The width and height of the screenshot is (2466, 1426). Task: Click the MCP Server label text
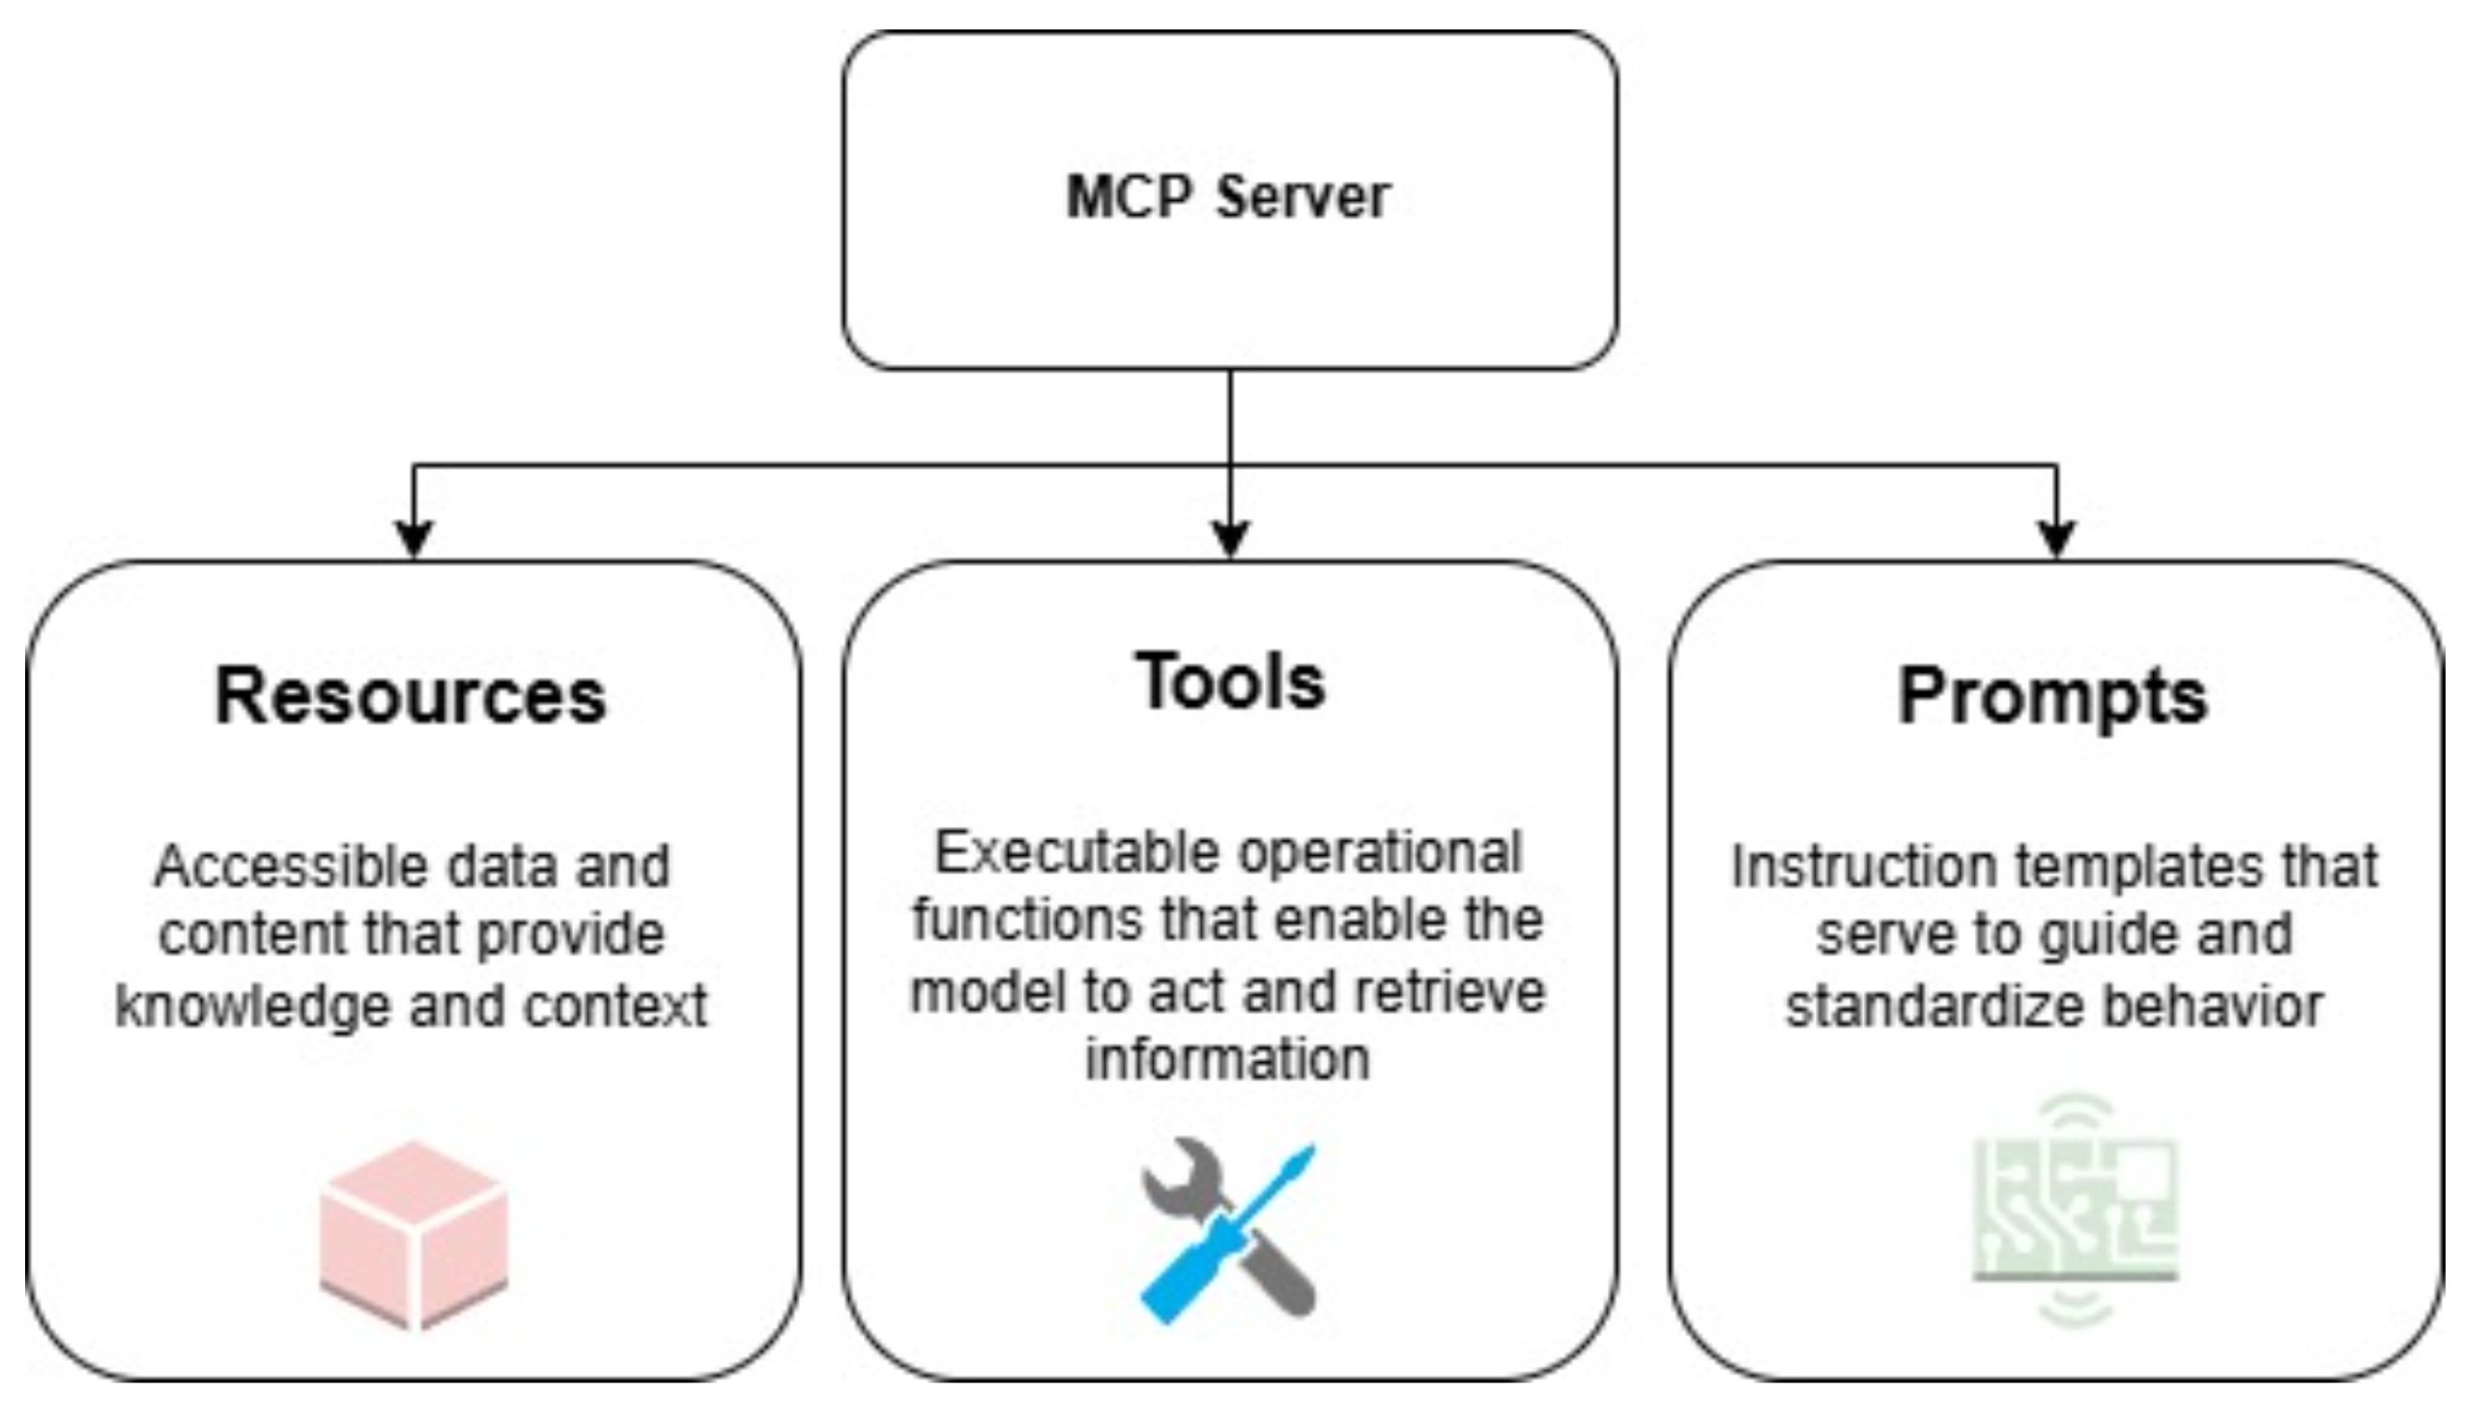(1228, 198)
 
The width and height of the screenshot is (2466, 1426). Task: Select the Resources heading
(410, 697)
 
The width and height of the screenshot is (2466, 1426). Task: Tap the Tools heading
(1230, 682)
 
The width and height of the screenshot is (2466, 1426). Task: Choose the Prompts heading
(2053, 697)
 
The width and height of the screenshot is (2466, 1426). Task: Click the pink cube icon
(414, 1235)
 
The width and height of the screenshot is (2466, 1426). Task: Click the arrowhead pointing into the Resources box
(414, 539)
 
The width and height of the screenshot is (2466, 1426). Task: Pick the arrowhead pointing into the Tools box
(1230, 539)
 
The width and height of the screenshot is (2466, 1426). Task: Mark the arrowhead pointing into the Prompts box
(2056, 539)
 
